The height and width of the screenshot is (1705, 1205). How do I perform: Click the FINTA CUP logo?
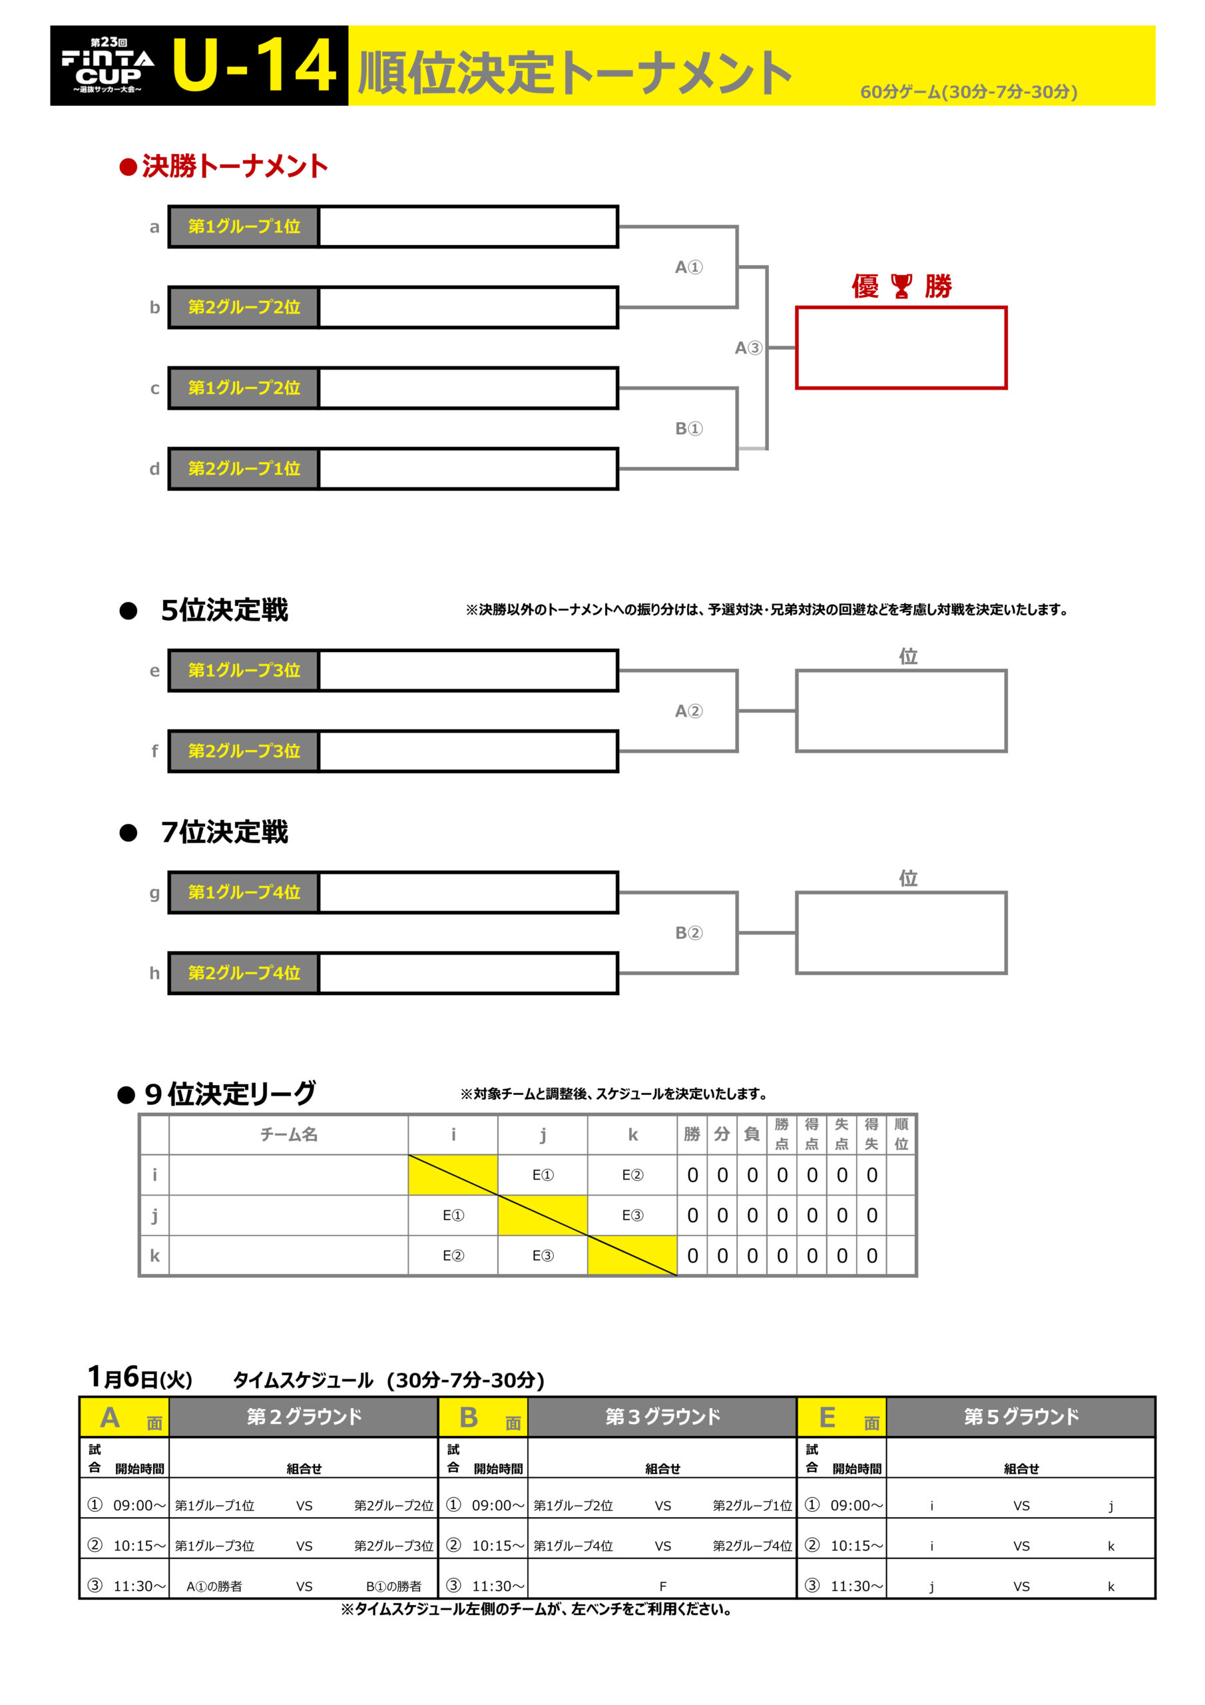[x=108, y=65]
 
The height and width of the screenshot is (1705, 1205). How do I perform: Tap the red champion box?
[x=901, y=348]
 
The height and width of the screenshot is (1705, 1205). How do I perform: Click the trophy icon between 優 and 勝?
[x=901, y=286]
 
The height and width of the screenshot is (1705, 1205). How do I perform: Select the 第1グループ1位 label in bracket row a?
[x=244, y=226]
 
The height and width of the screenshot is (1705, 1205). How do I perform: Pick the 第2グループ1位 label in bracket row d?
[x=244, y=469]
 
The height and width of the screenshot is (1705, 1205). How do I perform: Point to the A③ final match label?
[x=748, y=348]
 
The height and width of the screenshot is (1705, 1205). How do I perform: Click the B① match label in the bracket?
[x=688, y=428]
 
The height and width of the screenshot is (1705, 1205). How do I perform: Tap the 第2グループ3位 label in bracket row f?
[x=244, y=751]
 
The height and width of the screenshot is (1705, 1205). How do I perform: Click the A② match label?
[x=688, y=711]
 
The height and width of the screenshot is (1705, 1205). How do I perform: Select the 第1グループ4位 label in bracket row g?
[x=244, y=892]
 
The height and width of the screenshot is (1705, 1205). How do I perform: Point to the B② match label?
[x=688, y=932]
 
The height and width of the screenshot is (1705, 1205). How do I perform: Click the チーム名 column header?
[x=288, y=1134]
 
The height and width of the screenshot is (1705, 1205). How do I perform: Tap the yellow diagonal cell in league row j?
[x=542, y=1215]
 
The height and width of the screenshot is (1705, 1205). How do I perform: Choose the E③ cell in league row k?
[x=542, y=1255]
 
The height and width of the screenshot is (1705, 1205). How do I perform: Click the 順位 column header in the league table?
[x=901, y=1134]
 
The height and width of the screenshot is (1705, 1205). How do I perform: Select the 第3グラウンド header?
[x=662, y=1416]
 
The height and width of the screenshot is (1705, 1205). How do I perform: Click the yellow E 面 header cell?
[x=842, y=1417]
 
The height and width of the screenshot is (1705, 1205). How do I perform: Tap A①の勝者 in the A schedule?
[x=214, y=1586]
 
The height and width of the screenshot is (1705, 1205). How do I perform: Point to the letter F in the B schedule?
[x=662, y=1586]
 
